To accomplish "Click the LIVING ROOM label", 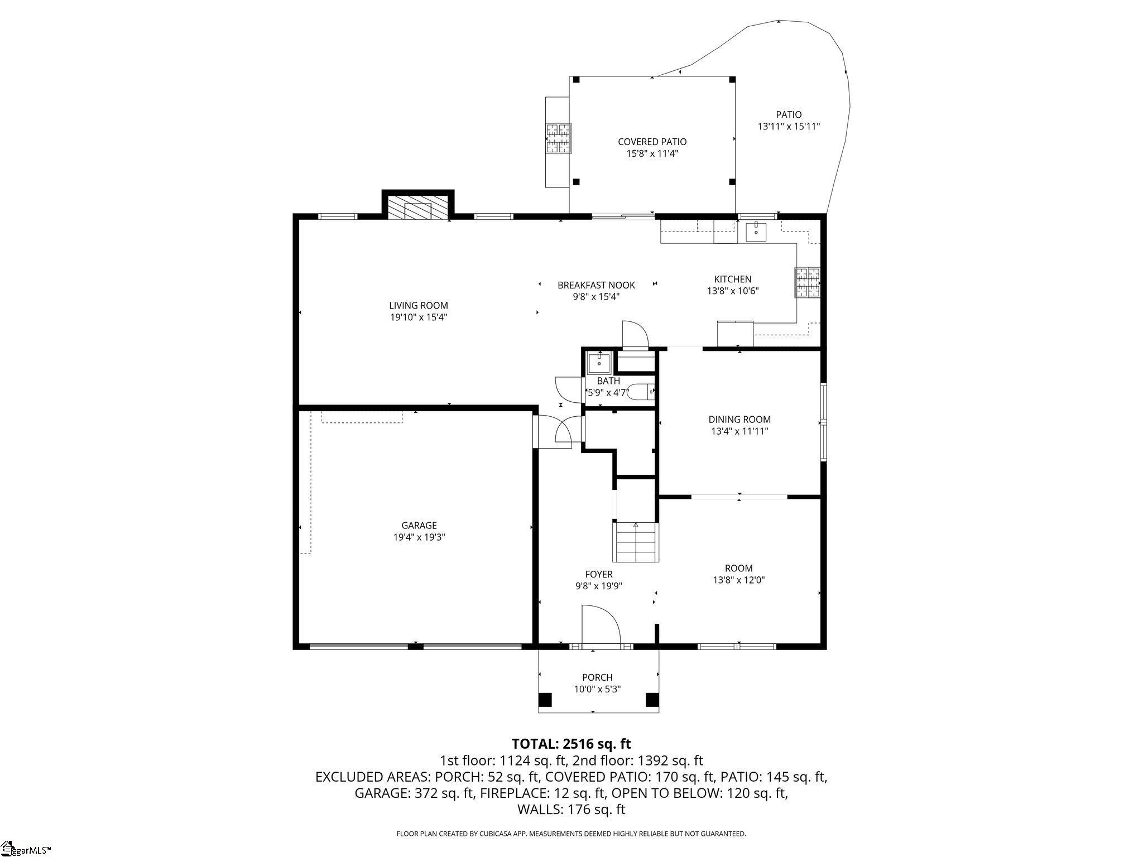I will (418, 305).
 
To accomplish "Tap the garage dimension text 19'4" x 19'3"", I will (419, 537).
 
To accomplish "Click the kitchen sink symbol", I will (756, 230).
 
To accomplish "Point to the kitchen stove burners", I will (808, 282).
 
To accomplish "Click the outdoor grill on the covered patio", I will (558, 138).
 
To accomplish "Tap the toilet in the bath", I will (642, 393).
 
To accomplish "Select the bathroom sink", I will (599, 363).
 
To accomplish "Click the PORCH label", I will (597, 677).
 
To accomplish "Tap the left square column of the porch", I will (545, 700).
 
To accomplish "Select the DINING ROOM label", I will (739, 419).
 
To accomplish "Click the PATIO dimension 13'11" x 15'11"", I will (788, 127).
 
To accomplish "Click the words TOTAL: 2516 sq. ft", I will (571, 744).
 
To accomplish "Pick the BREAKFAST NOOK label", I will (596, 285).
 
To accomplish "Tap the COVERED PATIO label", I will (652, 142).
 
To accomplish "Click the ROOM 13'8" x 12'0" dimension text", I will (738, 580).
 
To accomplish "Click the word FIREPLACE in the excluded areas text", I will (514, 793).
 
